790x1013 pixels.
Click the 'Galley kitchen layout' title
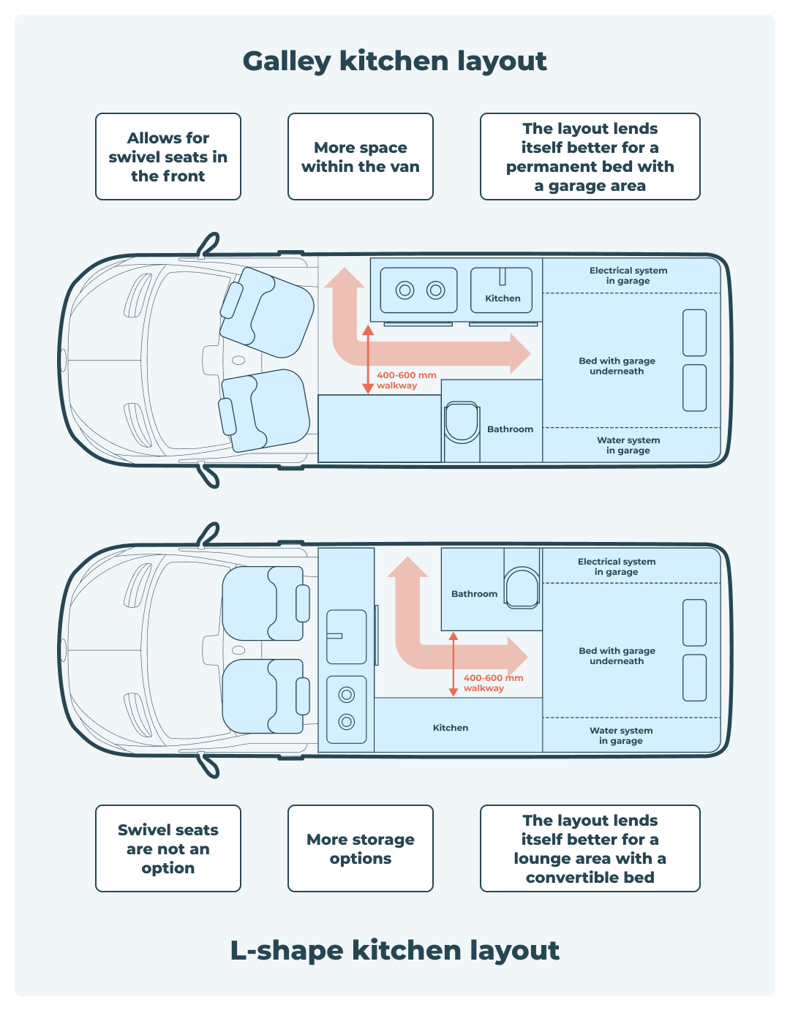pos(394,61)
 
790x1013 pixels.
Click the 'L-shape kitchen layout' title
pos(394,949)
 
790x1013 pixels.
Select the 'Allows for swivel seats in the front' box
pos(168,157)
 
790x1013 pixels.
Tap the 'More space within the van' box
pos(361,157)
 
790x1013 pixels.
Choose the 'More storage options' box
pos(361,848)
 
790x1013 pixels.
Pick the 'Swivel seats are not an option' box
pos(168,848)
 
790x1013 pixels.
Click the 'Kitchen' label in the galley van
pos(503,298)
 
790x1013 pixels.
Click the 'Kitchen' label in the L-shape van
pos(451,728)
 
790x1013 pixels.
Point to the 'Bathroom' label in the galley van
pos(510,429)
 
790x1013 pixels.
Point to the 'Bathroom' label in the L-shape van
pos(474,594)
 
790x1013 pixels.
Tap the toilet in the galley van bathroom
pos(462,422)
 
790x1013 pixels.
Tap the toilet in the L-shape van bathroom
pos(522,587)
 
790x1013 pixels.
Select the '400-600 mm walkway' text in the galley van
pos(406,380)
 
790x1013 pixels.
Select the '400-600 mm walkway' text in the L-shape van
pos(493,683)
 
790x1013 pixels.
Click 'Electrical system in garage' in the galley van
pos(628,276)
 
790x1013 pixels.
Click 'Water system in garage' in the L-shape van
pos(621,736)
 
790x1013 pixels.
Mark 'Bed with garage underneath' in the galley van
pos(617,366)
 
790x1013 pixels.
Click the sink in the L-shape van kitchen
pos(346,636)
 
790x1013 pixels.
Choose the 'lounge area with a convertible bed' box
pos(590,848)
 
